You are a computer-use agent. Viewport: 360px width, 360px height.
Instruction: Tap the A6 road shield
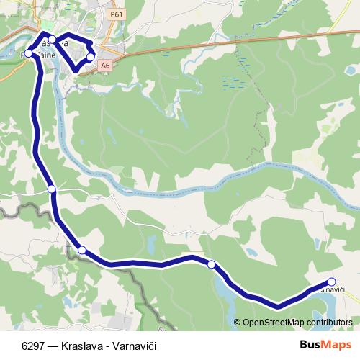[106, 65]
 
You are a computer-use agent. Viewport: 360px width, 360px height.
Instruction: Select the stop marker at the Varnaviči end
[331, 282]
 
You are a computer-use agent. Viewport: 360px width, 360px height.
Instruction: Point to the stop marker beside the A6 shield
[90, 57]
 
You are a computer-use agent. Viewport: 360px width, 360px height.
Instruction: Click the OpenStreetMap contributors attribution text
[297, 323]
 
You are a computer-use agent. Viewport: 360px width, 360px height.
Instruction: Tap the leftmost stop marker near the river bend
[29, 53]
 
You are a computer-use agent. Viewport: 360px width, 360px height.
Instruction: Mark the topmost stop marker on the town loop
[52, 40]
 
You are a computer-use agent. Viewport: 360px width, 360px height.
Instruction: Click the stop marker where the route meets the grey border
[82, 250]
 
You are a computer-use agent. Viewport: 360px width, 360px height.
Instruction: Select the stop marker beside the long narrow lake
[211, 264]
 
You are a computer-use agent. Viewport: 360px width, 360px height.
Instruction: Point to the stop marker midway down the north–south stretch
[51, 189]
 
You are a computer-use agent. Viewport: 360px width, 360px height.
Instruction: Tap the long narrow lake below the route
[223, 292]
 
